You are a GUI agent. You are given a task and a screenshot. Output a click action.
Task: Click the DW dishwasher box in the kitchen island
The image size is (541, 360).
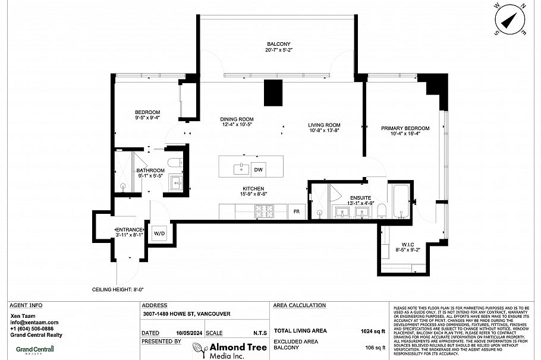(x=258, y=169)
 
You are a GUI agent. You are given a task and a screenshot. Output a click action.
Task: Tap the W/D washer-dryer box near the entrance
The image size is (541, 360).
(x=160, y=233)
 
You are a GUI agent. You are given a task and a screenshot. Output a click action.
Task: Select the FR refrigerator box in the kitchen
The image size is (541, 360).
(x=296, y=211)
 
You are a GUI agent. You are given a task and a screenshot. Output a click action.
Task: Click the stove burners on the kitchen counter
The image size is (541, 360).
(x=264, y=211)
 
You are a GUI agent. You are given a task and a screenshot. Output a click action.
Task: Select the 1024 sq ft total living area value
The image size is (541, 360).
(x=373, y=330)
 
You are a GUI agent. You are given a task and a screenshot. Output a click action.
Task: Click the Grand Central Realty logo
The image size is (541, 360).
(x=34, y=350)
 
